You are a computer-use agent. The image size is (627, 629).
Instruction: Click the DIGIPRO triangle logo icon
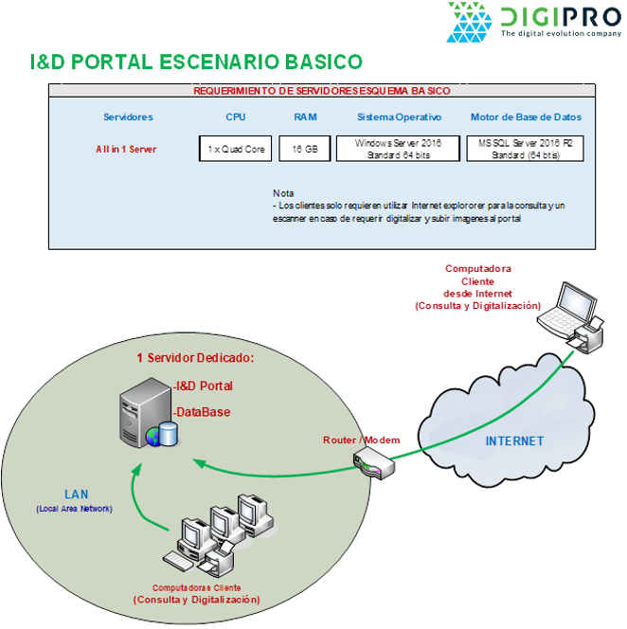(470, 22)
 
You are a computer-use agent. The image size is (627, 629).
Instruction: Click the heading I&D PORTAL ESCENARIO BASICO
(196, 63)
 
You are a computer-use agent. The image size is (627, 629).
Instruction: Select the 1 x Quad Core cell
(236, 149)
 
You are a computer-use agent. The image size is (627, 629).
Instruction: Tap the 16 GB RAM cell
(304, 149)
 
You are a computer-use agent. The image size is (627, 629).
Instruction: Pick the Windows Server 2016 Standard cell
(398, 149)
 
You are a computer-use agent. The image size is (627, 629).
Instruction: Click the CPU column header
(235, 117)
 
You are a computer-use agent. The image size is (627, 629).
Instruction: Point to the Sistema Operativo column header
(399, 117)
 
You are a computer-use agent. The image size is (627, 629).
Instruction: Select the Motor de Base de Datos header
(526, 117)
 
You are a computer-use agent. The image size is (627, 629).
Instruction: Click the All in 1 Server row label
(126, 150)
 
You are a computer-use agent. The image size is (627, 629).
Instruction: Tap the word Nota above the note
(282, 193)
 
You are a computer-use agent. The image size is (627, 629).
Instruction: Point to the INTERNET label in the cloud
(514, 440)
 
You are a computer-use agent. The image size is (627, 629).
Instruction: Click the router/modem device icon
(371, 464)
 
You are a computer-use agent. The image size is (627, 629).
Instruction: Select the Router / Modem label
(361, 440)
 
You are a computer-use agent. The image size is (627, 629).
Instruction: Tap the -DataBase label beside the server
(202, 412)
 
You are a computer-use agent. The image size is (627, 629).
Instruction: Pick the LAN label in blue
(76, 494)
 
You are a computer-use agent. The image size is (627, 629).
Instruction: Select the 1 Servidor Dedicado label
(195, 358)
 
